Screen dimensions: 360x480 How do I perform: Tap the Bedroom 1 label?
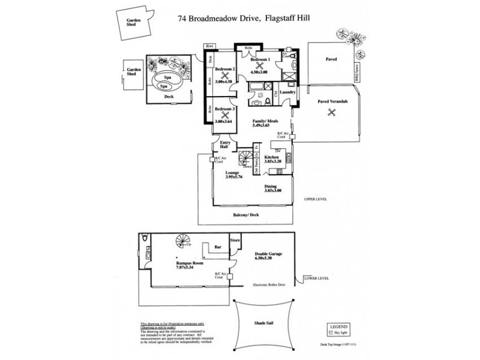coord(260,60)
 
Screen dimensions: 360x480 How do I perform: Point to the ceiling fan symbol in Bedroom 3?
coord(226,115)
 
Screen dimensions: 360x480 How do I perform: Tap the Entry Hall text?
coord(225,145)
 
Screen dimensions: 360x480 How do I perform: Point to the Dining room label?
coord(271,187)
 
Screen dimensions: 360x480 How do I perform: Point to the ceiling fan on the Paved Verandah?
coord(328,116)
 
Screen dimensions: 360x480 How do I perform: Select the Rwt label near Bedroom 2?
coord(210,46)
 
